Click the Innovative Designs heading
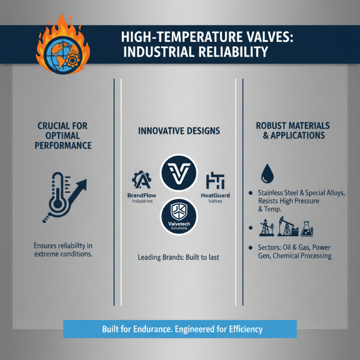coord(179,131)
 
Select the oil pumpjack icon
coord(286,228)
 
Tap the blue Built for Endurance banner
coord(180,329)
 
